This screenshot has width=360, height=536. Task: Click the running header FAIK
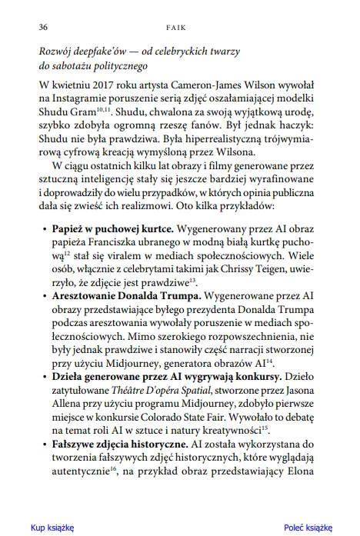pyautogui.click(x=180, y=26)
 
